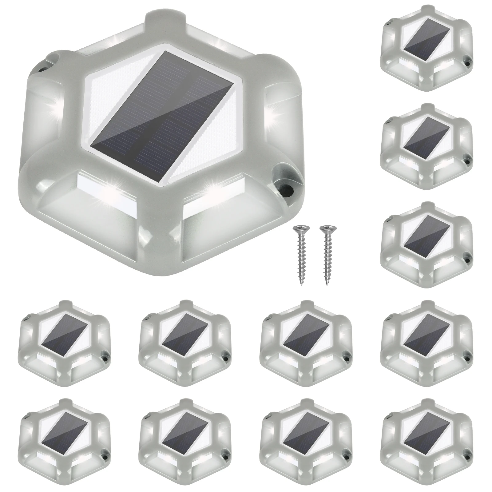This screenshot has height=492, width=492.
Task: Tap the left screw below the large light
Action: [299, 255]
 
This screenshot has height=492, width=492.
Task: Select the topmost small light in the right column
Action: [426, 48]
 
